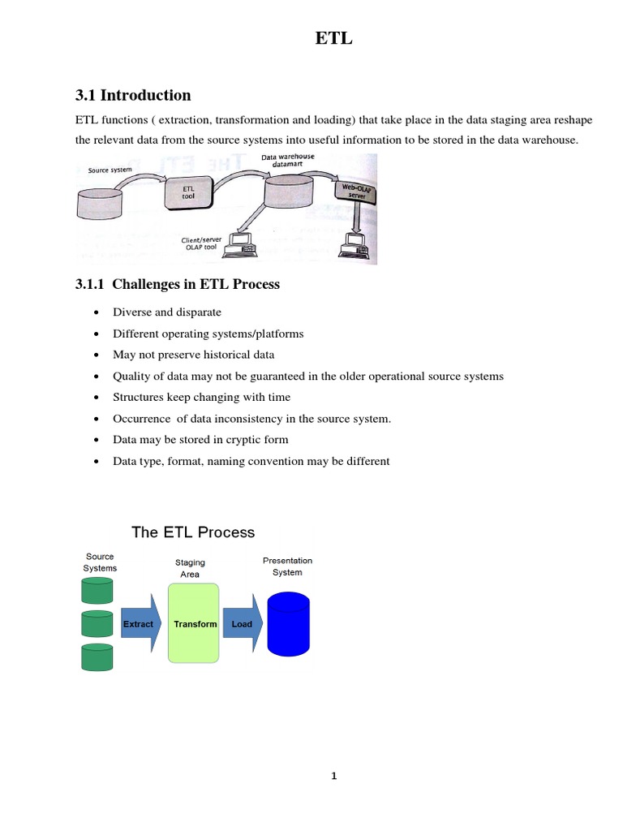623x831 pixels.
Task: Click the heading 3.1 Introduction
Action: pos(132,95)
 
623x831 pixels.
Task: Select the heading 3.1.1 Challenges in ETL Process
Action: pos(177,283)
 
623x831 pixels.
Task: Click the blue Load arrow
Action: pos(243,624)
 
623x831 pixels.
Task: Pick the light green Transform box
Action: pos(194,623)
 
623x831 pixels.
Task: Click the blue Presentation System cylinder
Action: pos(288,623)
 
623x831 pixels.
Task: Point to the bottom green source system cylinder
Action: pos(97,657)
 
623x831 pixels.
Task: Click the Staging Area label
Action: pos(190,568)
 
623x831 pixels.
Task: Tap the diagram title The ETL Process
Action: pos(193,532)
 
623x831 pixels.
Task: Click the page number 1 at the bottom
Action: pos(333,776)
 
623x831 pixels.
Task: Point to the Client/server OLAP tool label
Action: pos(201,244)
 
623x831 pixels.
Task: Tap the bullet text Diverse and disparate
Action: pos(167,312)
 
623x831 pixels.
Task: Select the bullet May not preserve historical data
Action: pos(194,355)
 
